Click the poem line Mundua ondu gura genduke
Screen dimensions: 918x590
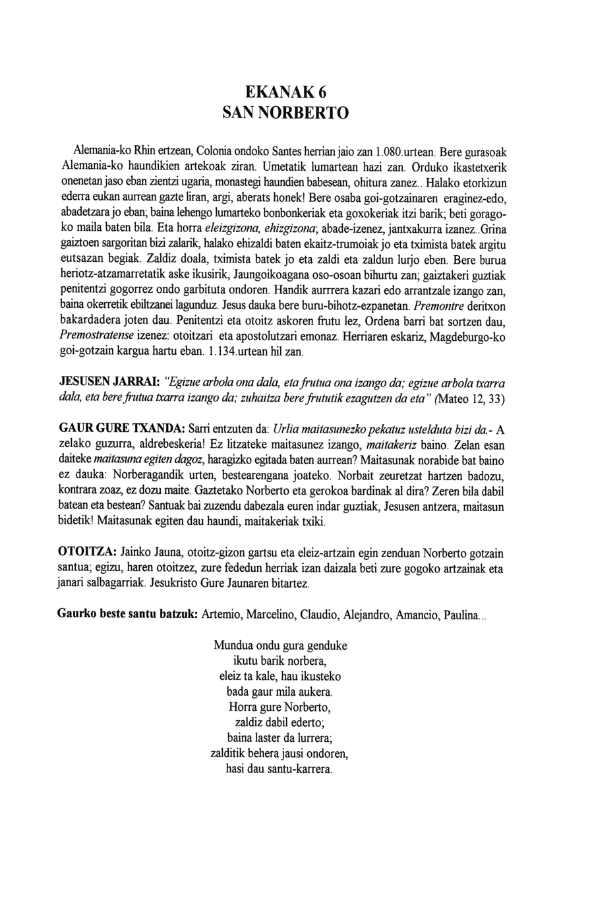click(x=280, y=646)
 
